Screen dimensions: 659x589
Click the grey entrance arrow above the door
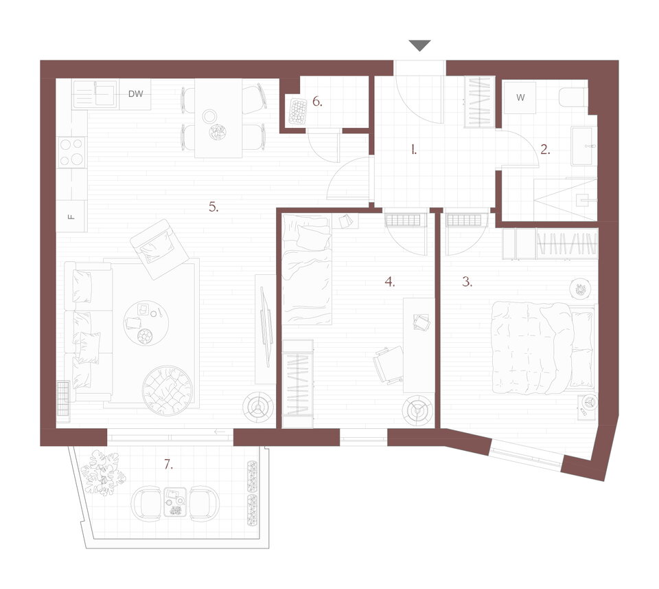pyautogui.click(x=419, y=45)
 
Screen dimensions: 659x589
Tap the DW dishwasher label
pyautogui.click(x=135, y=94)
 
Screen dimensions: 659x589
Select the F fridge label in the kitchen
pyautogui.click(x=71, y=216)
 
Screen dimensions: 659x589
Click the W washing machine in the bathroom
pyautogui.click(x=520, y=98)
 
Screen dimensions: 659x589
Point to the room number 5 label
pyautogui.click(x=213, y=207)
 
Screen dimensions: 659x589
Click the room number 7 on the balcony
pyautogui.click(x=168, y=465)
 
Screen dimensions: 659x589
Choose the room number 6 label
pyautogui.click(x=317, y=102)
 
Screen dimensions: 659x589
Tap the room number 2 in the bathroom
pyautogui.click(x=545, y=149)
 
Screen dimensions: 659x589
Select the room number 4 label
pyautogui.click(x=390, y=282)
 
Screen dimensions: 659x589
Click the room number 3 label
pyautogui.click(x=467, y=282)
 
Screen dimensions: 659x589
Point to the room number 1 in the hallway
pyautogui.click(x=414, y=149)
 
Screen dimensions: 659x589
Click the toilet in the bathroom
pyautogui.click(x=573, y=97)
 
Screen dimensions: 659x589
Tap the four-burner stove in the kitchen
pyautogui.click(x=71, y=153)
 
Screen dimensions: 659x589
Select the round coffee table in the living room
pyautogui.click(x=146, y=323)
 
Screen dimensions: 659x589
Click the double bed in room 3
pyautogui.click(x=544, y=348)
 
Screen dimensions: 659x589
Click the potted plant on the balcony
pyautogui.click(x=104, y=472)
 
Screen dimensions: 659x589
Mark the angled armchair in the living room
pyautogui.click(x=159, y=249)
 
